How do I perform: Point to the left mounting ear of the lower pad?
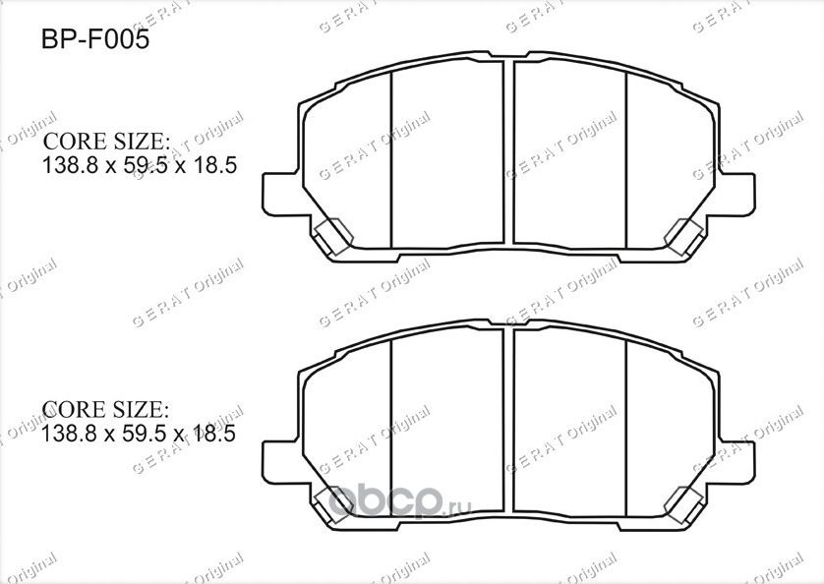tap(279, 454)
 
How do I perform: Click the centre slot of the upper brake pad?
tap(509, 152)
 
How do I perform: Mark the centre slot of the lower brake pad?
tap(509, 418)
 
